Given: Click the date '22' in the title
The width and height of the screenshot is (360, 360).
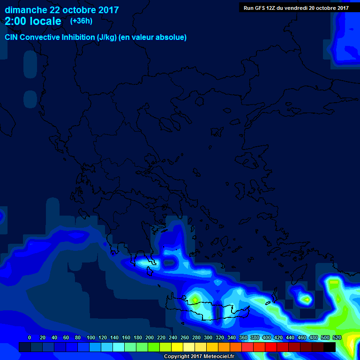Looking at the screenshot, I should (x=56, y=10).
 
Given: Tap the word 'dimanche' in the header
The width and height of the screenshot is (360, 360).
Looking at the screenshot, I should (x=26, y=10).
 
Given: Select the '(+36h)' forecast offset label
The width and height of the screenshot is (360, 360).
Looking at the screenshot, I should (x=81, y=21).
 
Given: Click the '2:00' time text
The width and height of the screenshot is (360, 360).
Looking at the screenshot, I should (x=17, y=21).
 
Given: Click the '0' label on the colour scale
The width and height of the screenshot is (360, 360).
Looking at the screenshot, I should (x=30, y=337).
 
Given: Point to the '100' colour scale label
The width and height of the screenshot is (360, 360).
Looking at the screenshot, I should (x=91, y=337).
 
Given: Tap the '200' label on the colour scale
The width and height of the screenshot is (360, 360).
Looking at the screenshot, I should (x=150, y=337).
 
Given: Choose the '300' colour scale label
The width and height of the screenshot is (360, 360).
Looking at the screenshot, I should (x=208, y=337).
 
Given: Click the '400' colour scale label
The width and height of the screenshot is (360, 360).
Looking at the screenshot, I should (x=267, y=337).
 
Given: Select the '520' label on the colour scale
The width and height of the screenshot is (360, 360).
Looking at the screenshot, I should (x=337, y=337).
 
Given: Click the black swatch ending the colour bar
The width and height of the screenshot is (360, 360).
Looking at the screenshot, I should (x=330, y=347).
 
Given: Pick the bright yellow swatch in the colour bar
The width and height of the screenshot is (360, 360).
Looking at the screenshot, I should (x=177, y=347).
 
